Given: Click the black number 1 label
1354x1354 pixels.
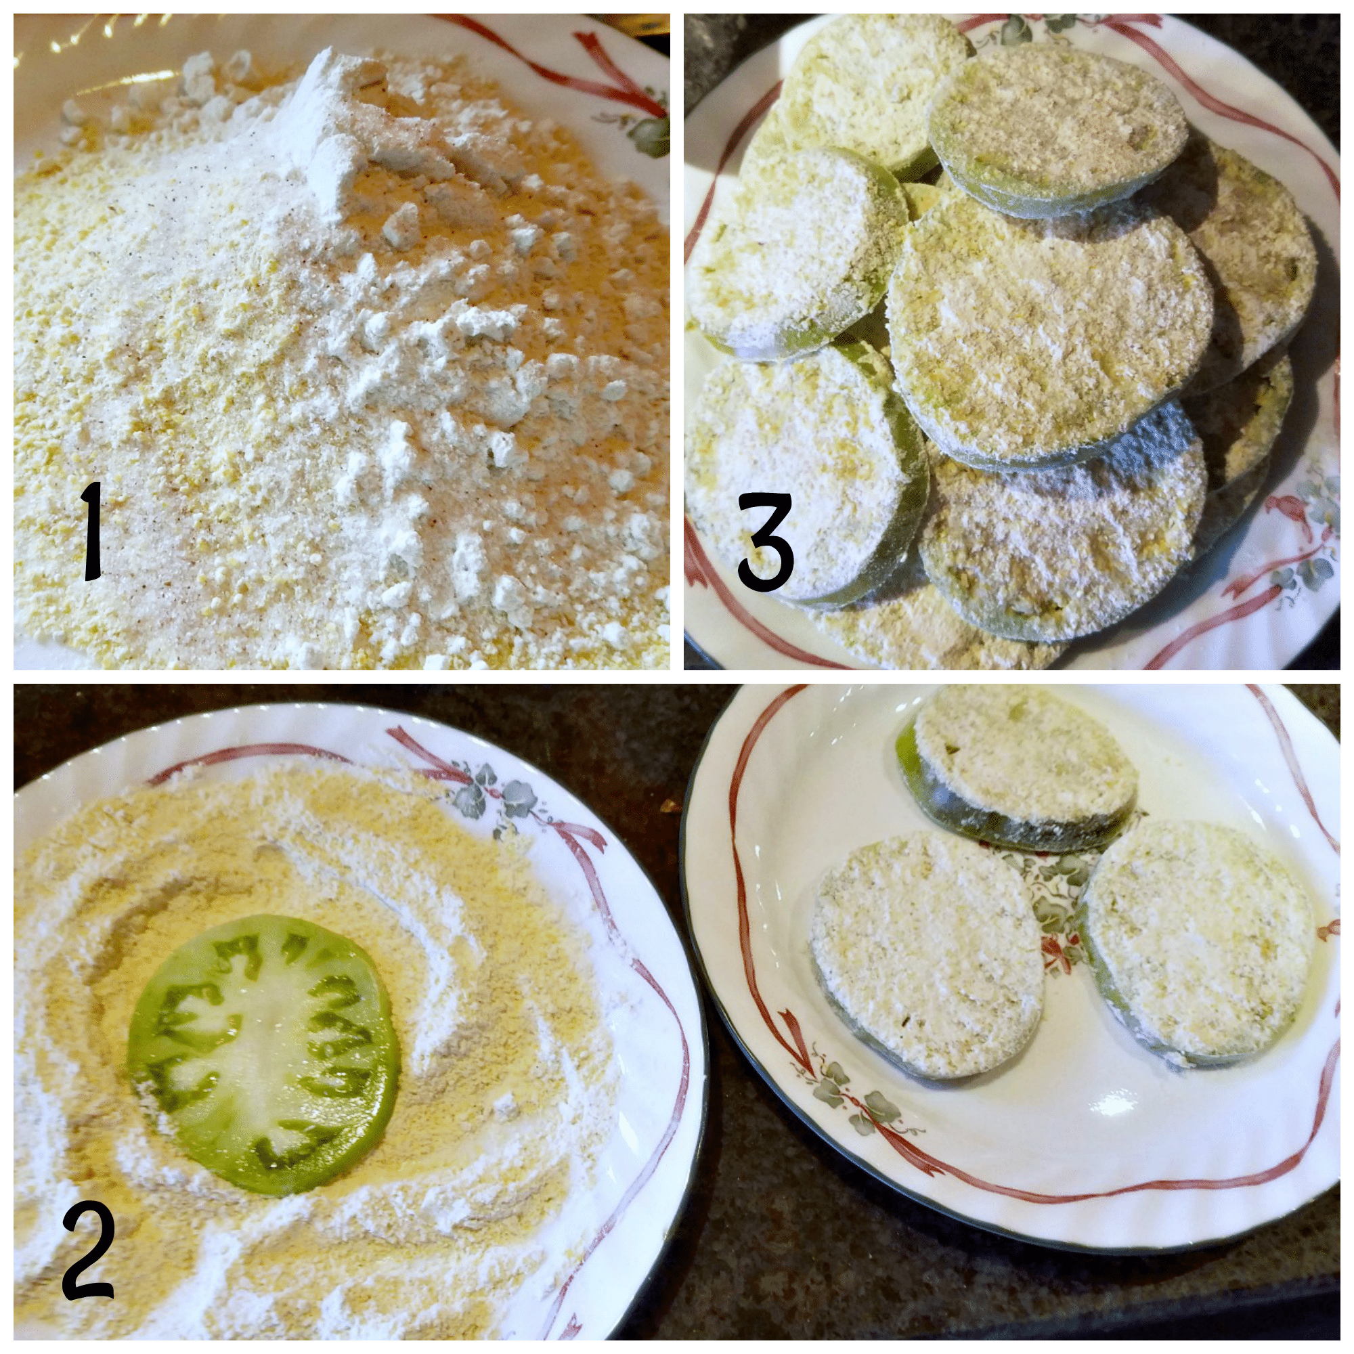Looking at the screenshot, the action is point(93,533).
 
